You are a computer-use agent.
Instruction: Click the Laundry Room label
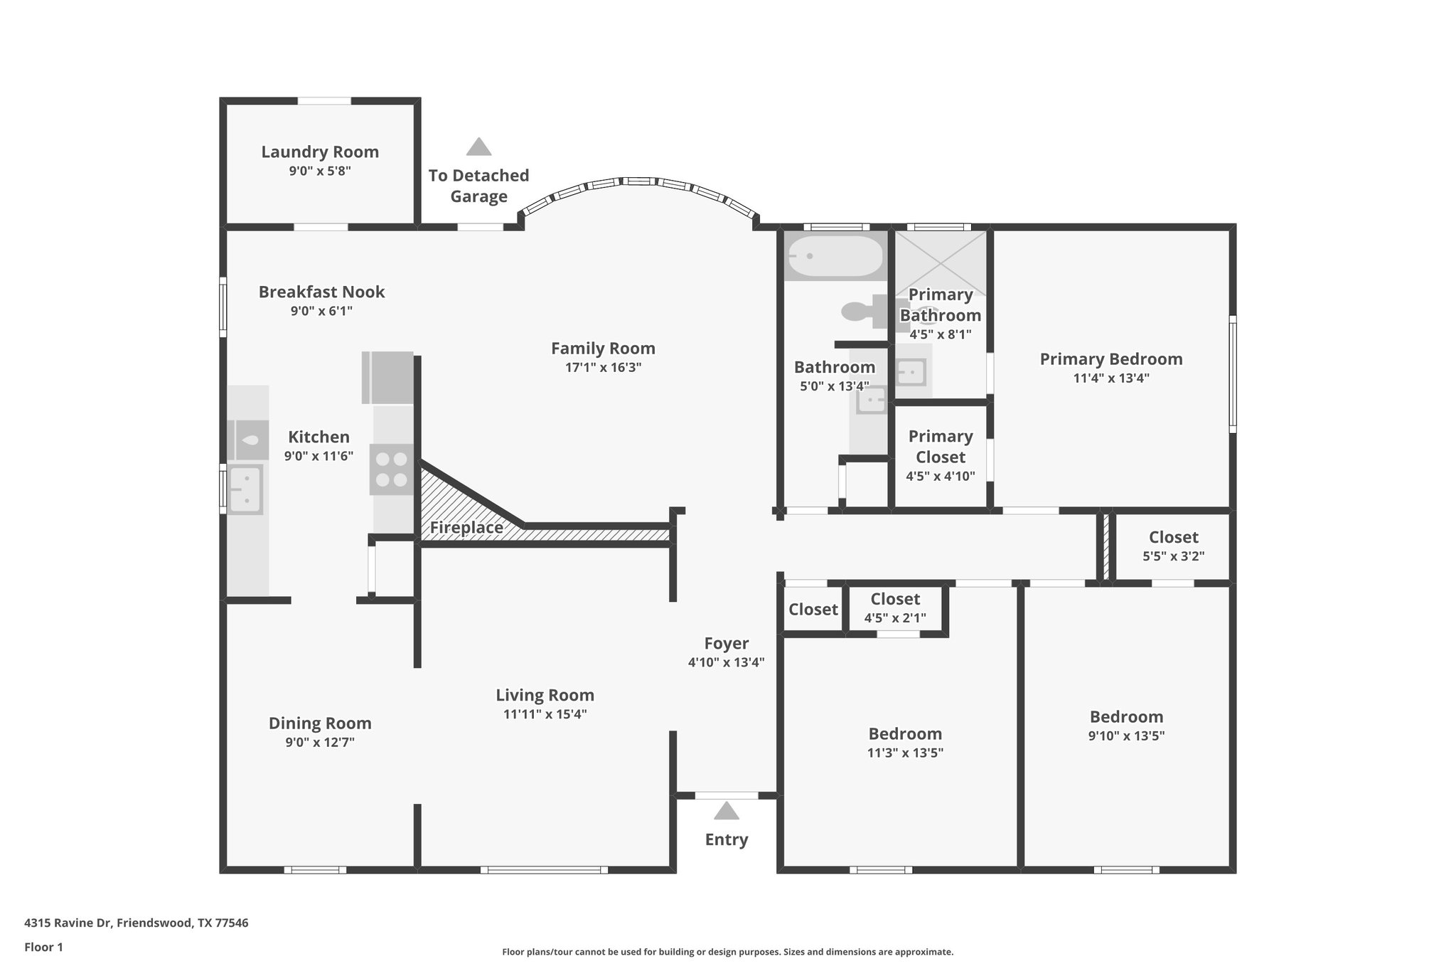pos(320,152)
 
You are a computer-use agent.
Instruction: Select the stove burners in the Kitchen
pos(391,469)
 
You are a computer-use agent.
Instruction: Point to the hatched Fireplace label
pos(466,528)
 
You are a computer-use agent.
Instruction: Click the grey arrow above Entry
pos(726,811)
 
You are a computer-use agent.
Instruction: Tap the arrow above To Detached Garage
pos(478,147)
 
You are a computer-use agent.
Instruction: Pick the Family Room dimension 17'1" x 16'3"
pos(603,368)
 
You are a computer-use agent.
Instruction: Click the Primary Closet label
pos(941,446)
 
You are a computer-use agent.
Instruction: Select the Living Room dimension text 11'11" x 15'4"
pos(545,714)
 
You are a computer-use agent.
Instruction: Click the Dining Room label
pos(320,723)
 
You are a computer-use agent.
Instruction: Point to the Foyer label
pos(726,643)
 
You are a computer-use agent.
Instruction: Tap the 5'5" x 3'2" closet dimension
pos(1173,556)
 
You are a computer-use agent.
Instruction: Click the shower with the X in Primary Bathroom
pos(941,263)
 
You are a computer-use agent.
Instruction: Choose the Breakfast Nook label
pos(321,292)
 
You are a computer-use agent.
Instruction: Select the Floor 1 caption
pos(43,947)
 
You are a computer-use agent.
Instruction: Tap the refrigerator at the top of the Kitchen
pos(387,378)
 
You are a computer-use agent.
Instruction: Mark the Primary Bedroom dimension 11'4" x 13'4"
pos(1111,378)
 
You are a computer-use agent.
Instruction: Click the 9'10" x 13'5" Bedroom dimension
pos(1126,736)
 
